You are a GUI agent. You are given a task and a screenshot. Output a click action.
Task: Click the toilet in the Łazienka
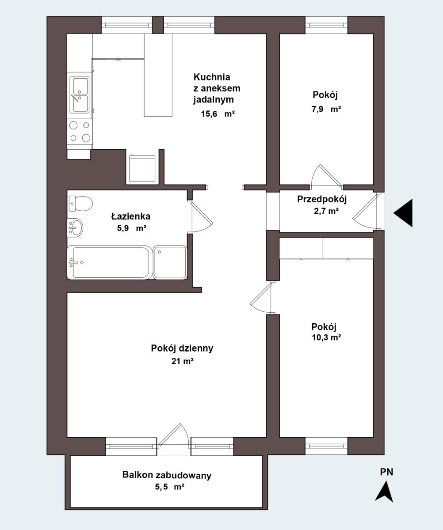point(80,203)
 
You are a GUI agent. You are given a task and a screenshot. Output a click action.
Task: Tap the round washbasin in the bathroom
point(76,227)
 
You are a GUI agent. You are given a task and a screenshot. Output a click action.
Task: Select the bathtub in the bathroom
point(110,262)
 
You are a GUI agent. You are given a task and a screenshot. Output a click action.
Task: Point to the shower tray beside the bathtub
point(170,262)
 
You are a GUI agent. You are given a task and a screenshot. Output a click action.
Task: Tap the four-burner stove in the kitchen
point(80,132)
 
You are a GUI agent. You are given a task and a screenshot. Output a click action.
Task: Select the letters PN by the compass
point(386,472)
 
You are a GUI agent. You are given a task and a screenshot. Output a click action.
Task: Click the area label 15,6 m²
point(218,114)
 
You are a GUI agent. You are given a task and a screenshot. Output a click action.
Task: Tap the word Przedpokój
point(322,199)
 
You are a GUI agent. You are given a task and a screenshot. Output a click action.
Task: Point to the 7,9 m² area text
point(326,109)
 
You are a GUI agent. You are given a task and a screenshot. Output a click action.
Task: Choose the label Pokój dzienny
point(182,348)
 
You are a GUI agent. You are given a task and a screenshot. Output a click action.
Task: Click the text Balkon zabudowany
point(167,475)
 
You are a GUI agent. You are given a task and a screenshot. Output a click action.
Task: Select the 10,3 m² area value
point(326,337)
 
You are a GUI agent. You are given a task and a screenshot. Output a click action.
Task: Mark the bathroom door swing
point(201,217)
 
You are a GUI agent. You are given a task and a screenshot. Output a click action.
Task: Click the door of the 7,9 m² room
point(326,176)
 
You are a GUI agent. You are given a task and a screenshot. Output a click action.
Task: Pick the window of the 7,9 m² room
point(326,25)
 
